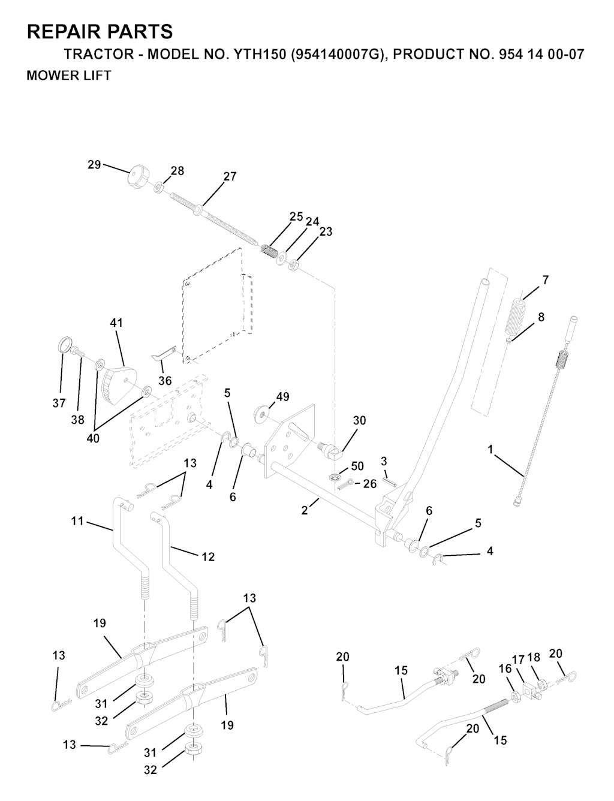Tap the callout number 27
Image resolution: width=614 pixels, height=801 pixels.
pos(229,176)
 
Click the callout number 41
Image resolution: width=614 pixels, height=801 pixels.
pos(116,323)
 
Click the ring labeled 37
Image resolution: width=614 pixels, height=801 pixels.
pos(65,345)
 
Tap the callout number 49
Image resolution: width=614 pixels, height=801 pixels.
pos(282,397)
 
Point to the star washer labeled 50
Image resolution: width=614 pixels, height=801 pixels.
pos(334,478)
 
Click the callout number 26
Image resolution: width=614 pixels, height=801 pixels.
pos(369,484)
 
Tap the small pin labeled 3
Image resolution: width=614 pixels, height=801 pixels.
pos(389,482)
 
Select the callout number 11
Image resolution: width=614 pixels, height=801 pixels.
pos(77,521)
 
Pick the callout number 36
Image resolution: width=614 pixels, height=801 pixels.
pos(165,381)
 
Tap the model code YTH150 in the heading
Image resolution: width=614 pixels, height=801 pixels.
pos(258,55)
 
